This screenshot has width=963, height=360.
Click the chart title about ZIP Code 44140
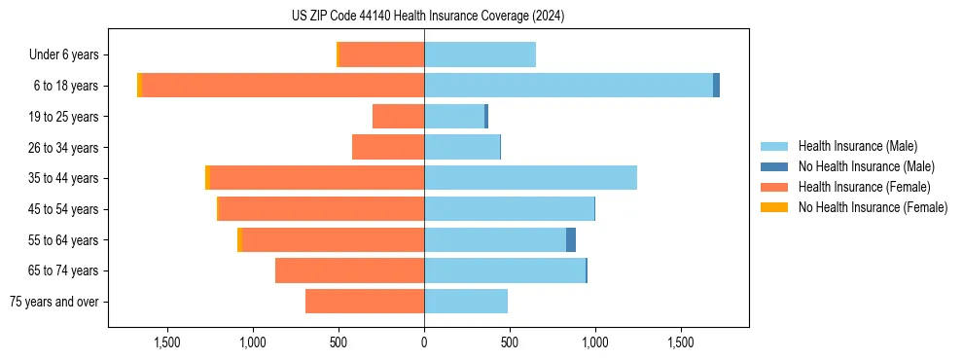(x=428, y=17)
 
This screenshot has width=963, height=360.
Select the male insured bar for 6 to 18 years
(x=568, y=86)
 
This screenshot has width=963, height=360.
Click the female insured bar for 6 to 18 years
(x=282, y=86)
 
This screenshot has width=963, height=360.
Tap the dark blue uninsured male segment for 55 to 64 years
(x=571, y=239)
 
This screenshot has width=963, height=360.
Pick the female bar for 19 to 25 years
(x=398, y=117)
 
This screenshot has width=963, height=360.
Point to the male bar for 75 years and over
(x=466, y=302)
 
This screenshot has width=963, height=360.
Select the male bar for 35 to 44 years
(x=530, y=178)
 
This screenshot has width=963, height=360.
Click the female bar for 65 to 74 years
(x=349, y=270)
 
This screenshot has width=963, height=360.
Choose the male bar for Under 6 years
(x=480, y=54)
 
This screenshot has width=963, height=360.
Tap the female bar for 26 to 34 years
(x=388, y=147)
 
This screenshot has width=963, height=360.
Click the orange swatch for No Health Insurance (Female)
(x=774, y=207)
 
